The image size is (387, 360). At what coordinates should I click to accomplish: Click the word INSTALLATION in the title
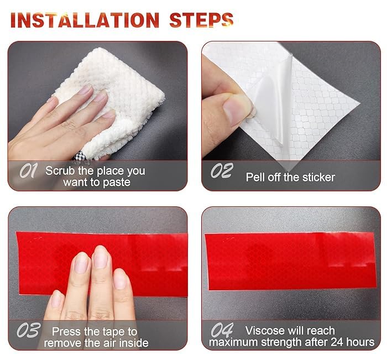85,20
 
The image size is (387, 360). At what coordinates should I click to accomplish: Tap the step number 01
28,170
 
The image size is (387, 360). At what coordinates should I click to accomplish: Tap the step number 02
222,170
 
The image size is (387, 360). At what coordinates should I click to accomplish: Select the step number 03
28,330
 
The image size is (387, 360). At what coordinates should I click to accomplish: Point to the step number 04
222,330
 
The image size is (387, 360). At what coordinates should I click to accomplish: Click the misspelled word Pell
255,177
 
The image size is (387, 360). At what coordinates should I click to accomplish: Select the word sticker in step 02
318,177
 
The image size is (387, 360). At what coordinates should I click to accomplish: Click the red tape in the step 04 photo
291,261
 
